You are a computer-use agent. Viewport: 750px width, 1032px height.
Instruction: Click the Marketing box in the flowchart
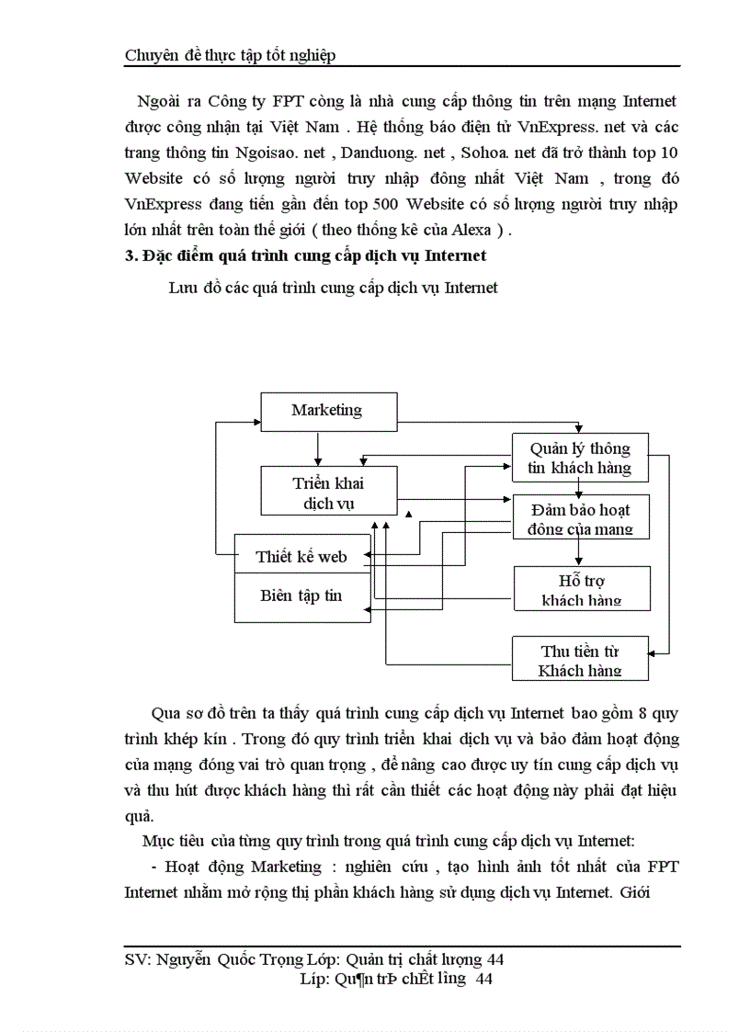tap(328, 411)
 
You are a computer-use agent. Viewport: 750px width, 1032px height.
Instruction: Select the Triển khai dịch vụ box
tap(328, 493)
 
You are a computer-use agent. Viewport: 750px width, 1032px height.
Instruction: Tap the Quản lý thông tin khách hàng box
tap(579, 458)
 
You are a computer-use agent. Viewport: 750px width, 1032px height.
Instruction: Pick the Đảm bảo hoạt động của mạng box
tap(579, 518)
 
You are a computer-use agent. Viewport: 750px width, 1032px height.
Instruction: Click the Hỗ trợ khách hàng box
tap(581, 590)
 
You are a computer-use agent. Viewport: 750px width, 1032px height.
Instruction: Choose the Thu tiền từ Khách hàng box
tap(579, 660)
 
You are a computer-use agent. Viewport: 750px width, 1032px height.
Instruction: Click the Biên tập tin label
tap(301, 595)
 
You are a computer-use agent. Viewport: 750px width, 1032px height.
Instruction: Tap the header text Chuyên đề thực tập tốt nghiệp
tap(230, 55)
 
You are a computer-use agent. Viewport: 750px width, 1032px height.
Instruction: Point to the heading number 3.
tap(129, 255)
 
